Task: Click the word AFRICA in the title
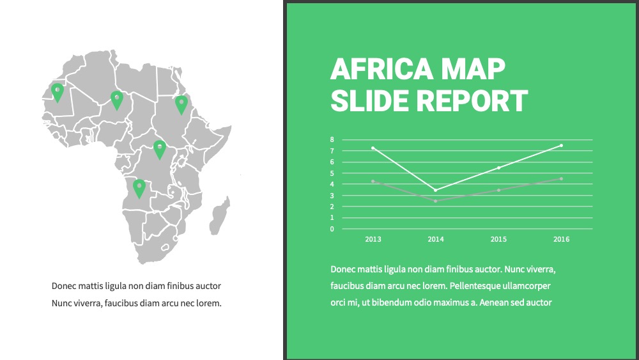(381, 69)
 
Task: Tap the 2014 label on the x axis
(436, 239)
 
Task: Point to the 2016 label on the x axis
(561, 239)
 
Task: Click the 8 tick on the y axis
(332, 140)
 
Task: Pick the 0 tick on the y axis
(332, 229)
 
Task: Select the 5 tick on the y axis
(332, 173)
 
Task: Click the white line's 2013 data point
(373, 148)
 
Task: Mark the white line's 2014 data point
(436, 190)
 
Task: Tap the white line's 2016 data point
(561, 146)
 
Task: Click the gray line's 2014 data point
(436, 201)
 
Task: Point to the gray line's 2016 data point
(561, 178)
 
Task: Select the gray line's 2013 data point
(373, 181)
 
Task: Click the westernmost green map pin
(58, 91)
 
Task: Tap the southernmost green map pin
(139, 188)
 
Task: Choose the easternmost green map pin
(181, 104)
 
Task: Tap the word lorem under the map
(209, 303)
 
